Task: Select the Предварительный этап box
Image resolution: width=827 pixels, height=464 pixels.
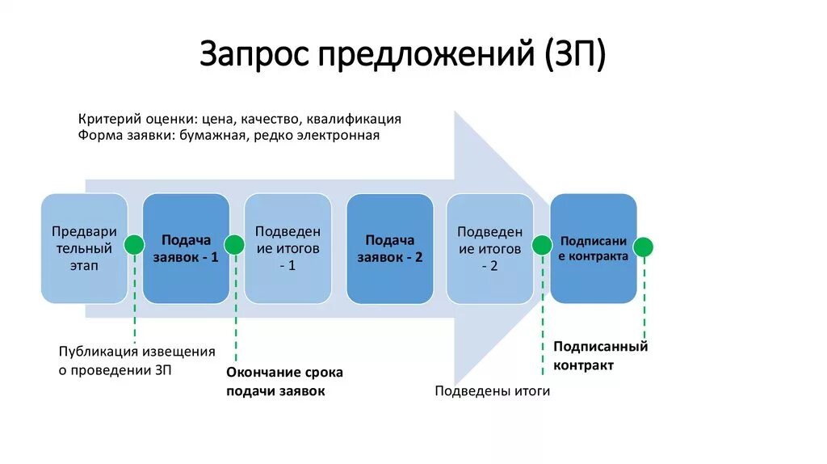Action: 84,248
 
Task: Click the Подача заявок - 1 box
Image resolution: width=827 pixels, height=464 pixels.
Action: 186,248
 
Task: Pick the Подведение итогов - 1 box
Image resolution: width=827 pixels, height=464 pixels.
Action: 288,248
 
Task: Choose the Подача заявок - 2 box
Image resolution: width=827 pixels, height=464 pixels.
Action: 389,248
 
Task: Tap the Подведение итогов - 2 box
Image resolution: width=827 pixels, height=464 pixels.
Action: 489,248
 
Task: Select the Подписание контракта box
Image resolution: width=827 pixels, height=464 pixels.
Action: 594,248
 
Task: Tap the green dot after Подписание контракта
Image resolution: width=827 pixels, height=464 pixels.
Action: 644,247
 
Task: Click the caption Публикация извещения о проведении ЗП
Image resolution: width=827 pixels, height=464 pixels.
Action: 136,361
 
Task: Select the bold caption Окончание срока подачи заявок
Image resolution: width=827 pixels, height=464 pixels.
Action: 284,382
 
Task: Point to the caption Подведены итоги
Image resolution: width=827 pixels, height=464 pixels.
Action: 492,391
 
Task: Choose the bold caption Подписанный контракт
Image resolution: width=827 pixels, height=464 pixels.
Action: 600,356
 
